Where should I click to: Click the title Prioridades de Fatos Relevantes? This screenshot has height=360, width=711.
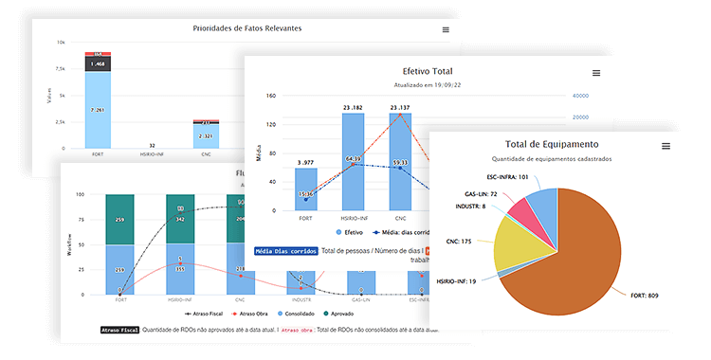coord(246,28)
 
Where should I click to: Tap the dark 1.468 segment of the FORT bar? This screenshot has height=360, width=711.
coord(98,64)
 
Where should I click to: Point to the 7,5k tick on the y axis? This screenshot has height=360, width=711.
coord(59,69)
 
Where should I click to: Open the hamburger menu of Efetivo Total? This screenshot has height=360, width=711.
coord(595,73)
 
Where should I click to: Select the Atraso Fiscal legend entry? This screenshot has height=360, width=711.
coord(202,312)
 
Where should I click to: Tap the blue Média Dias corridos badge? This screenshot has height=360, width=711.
coord(285,251)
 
